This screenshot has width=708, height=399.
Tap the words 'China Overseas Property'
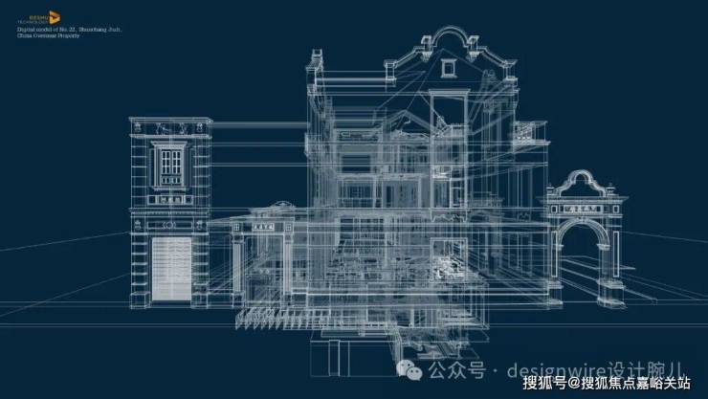click(47, 44)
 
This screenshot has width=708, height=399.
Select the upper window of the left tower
click(172, 164)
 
